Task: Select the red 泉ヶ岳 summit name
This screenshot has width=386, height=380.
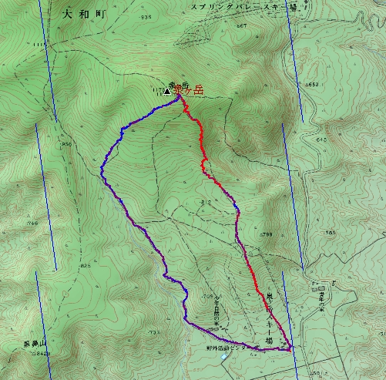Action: coord(189,90)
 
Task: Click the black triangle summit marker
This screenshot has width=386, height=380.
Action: coord(167,91)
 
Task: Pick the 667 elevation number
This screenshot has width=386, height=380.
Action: coord(241,26)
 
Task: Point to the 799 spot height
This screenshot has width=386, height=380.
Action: coord(267,234)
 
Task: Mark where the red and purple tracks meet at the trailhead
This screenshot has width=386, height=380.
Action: coord(289,349)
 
